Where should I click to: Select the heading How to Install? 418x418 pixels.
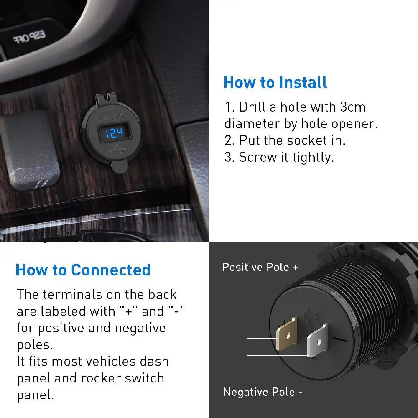pos(275,82)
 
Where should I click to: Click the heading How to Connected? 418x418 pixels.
pos(83,270)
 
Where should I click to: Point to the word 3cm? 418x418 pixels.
pos(352,107)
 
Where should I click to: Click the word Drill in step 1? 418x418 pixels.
pos(253,107)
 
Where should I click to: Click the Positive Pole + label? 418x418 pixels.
pos(260,267)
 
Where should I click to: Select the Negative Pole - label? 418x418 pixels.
pos(263,392)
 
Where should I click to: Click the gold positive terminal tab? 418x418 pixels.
pos(287,333)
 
